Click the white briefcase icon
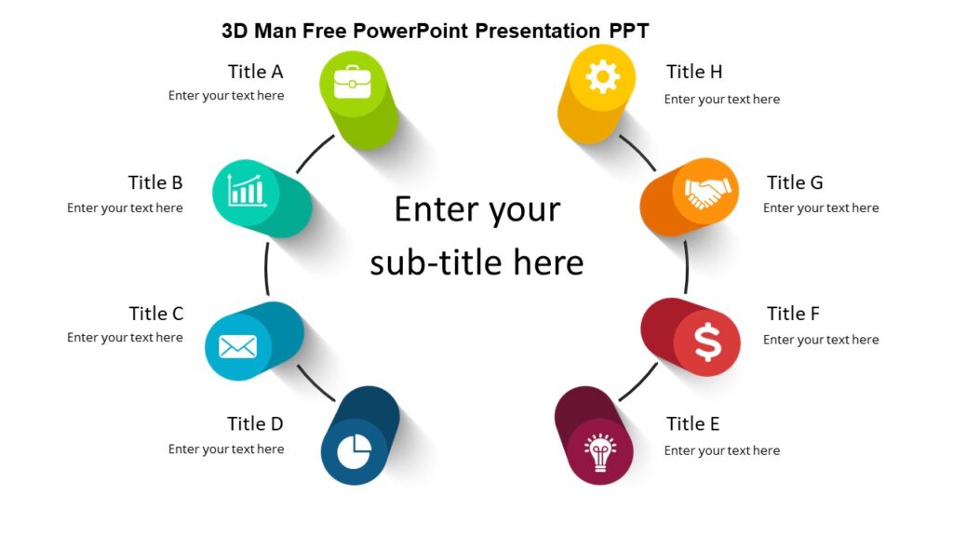352,82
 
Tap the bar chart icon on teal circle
247,192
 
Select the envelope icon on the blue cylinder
237,347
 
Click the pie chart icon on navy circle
354,452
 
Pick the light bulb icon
600,451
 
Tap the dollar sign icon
707,343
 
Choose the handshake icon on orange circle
707,192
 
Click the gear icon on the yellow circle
603,77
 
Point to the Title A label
255,72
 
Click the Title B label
155,182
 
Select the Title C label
156,313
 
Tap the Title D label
255,424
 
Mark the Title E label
692,424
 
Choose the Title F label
793,314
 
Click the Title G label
795,182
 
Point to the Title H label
694,72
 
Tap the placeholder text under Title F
821,340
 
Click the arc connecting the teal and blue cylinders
266,270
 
